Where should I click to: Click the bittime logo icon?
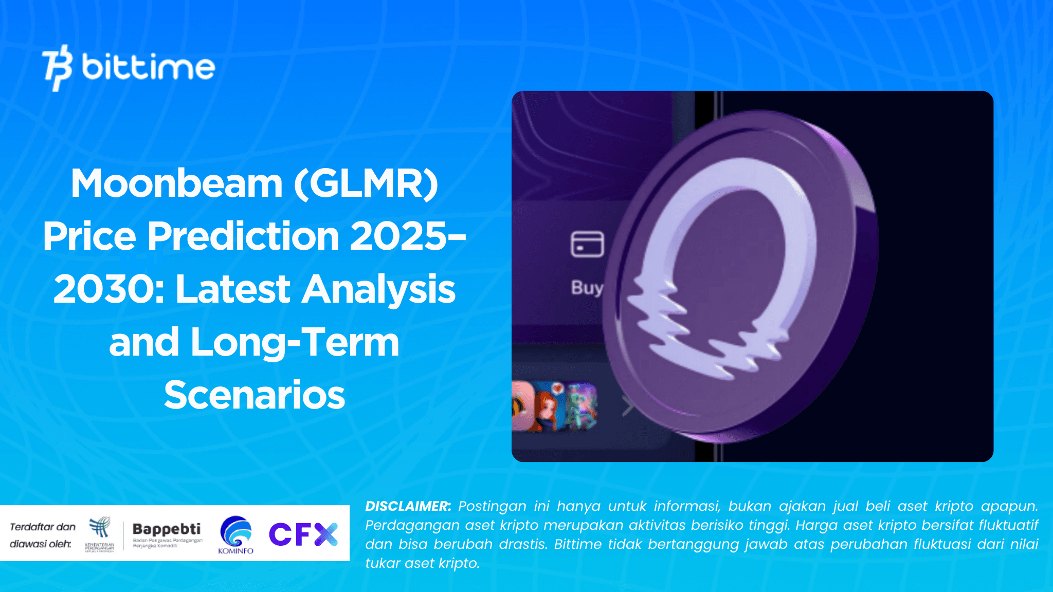click(57, 67)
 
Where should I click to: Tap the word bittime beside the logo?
click(148, 67)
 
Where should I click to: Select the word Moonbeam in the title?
click(176, 183)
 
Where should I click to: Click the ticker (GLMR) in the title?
click(366, 183)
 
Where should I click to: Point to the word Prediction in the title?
click(243, 236)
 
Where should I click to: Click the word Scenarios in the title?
click(255, 395)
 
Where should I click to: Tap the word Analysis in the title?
click(378, 289)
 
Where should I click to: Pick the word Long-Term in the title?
click(295, 342)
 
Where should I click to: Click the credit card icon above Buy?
click(587, 244)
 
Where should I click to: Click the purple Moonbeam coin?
click(740, 277)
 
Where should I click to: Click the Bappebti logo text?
click(167, 529)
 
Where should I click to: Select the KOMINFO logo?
click(236, 535)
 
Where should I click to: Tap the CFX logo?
click(303, 534)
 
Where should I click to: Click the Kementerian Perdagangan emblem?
click(100, 529)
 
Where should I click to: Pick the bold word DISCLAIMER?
click(408, 506)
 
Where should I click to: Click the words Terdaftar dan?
click(43, 527)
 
